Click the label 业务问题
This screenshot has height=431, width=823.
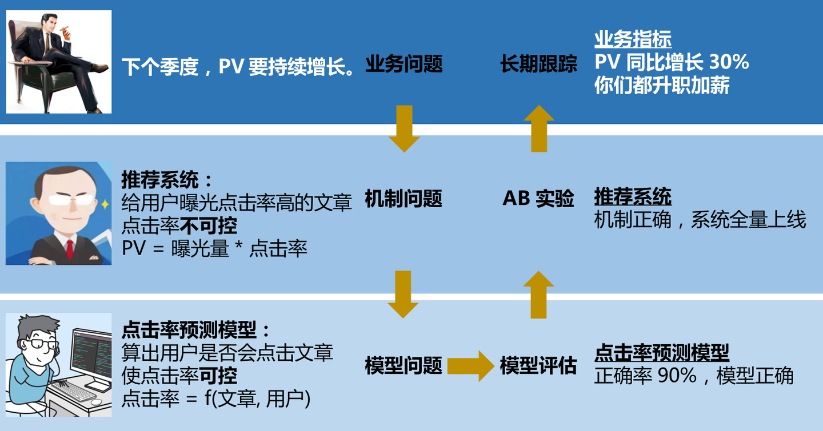403,64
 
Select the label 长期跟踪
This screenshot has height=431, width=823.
538,64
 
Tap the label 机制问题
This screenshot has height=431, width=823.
403,199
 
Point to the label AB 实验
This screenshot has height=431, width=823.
538,199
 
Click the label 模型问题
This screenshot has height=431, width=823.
403,366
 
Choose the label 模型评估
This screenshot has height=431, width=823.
538,366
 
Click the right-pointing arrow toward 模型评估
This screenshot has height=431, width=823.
470,366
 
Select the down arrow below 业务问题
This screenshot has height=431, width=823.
403,129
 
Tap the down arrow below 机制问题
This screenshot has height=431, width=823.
403,295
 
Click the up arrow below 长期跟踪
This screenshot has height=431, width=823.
538,129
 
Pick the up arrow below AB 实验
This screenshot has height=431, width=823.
538,295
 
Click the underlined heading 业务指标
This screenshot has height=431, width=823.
633,40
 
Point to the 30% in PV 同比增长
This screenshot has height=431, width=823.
729,62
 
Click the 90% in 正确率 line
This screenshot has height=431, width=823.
678,376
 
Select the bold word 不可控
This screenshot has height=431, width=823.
209,226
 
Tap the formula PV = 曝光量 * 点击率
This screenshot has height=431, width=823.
215,249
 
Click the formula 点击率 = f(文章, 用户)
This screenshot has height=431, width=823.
216,398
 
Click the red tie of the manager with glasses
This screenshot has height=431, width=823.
70,249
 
